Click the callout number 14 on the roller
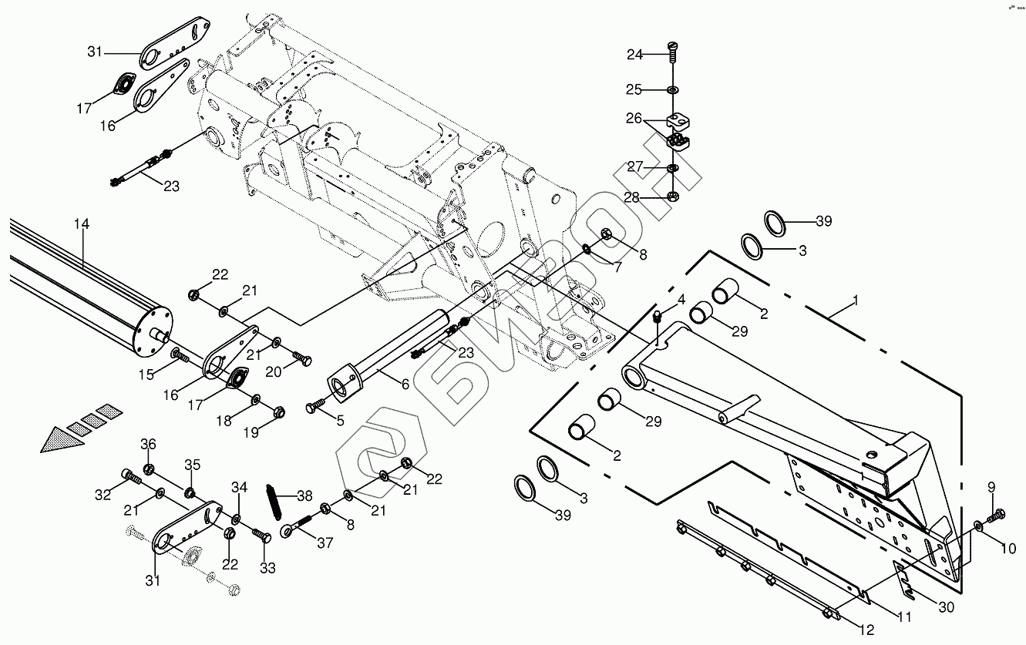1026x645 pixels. coord(82,224)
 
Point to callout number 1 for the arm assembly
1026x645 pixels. coord(855,299)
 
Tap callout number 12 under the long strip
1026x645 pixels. coord(866,630)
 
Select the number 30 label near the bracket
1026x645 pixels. coord(946,607)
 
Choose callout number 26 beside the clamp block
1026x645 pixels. coord(633,119)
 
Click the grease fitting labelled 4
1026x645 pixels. coord(658,318)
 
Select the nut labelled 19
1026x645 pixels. coord(279,412)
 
